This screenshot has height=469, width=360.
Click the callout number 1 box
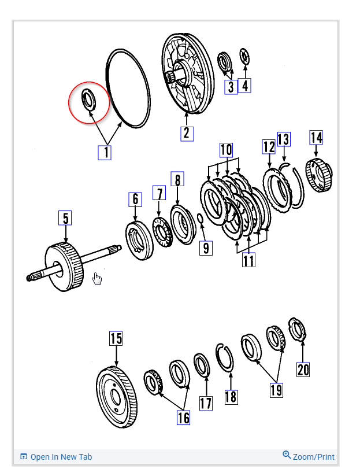pos(104,152)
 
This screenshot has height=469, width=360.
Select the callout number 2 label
pos(186,132)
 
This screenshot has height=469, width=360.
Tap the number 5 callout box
pos(65,219)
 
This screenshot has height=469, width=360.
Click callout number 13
pos(283,139)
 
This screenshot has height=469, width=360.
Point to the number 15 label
pos(116,338)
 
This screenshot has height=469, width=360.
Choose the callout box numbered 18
pos(231,397)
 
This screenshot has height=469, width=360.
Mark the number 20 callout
pos(303,369)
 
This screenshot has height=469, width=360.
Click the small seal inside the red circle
pos(88,99)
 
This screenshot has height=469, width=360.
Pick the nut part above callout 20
pos(298,330)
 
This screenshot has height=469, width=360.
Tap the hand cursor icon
pos(97,280)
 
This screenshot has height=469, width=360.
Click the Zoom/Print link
pos(309,456)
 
